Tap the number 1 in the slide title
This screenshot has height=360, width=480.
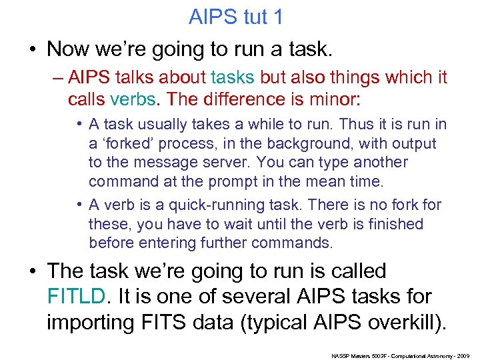(x=277, y=17)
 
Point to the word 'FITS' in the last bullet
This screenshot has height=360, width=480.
(x=171, y=322)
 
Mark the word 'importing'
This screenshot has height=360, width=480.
(x=89, y=322)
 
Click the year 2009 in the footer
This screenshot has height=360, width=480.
(x=463, y=355)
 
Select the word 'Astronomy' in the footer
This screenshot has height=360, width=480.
(x=435, y=355)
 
